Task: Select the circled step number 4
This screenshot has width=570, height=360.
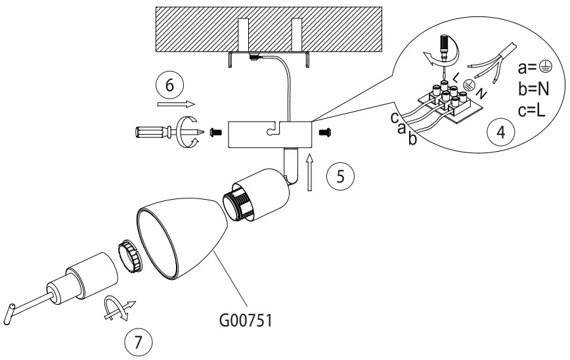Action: [x=501, y=131]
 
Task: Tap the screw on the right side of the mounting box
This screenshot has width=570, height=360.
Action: [x=323, y=133]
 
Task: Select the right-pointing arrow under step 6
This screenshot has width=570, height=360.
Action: [x=173, y=104]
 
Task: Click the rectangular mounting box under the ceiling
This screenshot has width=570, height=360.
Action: [x=269, y=133]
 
